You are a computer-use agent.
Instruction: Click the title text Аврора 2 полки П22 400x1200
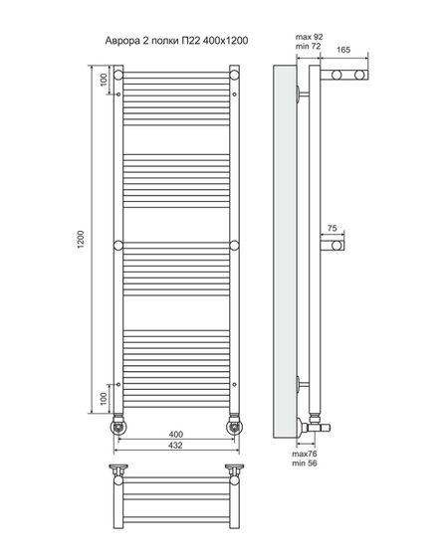[176, 41]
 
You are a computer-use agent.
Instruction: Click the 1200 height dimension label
[81, 240]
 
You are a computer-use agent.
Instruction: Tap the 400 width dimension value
[176, 434]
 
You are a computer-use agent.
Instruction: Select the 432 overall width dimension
[176, 446]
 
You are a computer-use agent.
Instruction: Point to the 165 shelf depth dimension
[343, 50]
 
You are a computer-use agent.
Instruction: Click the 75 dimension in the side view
[332, 228]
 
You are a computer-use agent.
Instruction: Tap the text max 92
[309, 37]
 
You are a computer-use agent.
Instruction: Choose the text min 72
[308, 46]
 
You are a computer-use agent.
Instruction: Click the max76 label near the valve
[305, 454]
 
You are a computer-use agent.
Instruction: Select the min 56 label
[305, 464]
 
